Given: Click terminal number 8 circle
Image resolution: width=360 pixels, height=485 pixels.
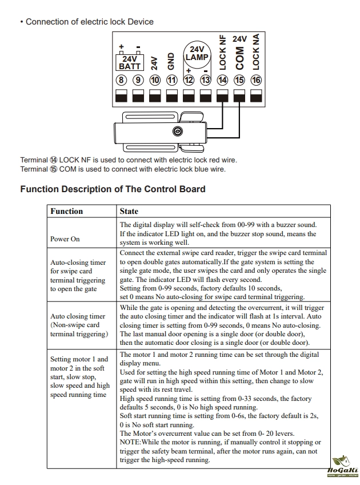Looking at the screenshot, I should pyautogui.click(x=121, y=80).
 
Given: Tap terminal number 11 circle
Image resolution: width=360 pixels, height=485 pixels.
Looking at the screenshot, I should pyautogui.click(x=171, y=80).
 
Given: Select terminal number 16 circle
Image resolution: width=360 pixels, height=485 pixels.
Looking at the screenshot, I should pyautogui.click(x=256, y=80).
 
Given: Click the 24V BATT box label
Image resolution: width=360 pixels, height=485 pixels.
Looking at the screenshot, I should pyautogui.click(x=130, y=62).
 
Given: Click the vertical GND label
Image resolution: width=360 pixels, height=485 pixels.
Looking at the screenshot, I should pyautogui.click(x=171, y=62).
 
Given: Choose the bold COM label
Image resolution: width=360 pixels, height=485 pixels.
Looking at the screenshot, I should pyautogui.click(x=239, y=58).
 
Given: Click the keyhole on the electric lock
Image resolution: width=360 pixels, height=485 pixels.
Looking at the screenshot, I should pyautogui.click(x=178, y=132).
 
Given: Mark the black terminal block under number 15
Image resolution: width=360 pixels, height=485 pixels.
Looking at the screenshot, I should pyautogui.click(x=239, y=96).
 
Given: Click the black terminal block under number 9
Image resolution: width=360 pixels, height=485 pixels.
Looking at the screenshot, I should pyautogui.click(x=138, y=96).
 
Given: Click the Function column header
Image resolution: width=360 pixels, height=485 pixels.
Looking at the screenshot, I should pyautogui.click(x=67, y=211).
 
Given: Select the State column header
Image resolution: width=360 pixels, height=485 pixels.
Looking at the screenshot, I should pyautogui.click(x=129, y=211).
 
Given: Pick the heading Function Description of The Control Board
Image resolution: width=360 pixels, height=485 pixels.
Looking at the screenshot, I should pyautogui.click(x=113, y=189).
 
